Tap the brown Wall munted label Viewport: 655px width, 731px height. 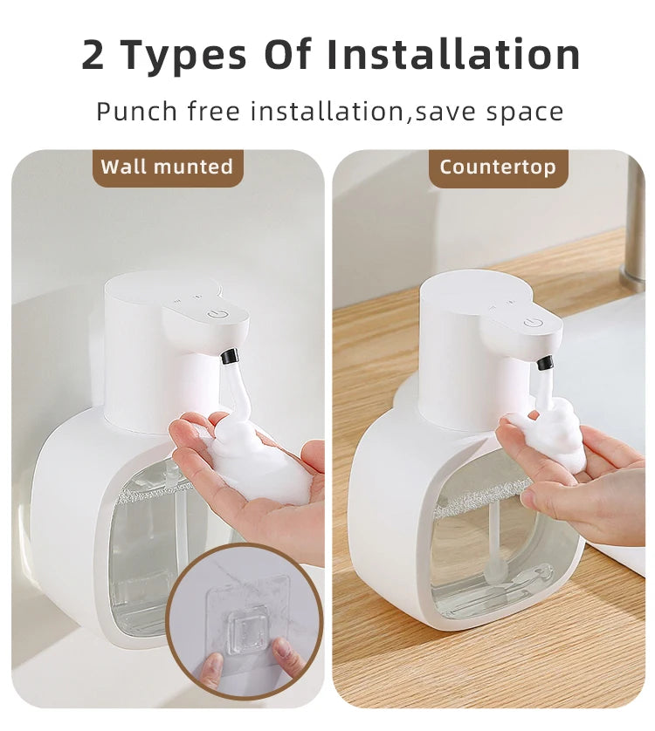[x=167, y=167]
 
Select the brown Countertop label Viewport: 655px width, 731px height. [x=498, y=167]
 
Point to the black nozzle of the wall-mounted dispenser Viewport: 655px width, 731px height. [x=230, y=356]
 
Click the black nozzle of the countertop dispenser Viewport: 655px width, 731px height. [x=544, y=361]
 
